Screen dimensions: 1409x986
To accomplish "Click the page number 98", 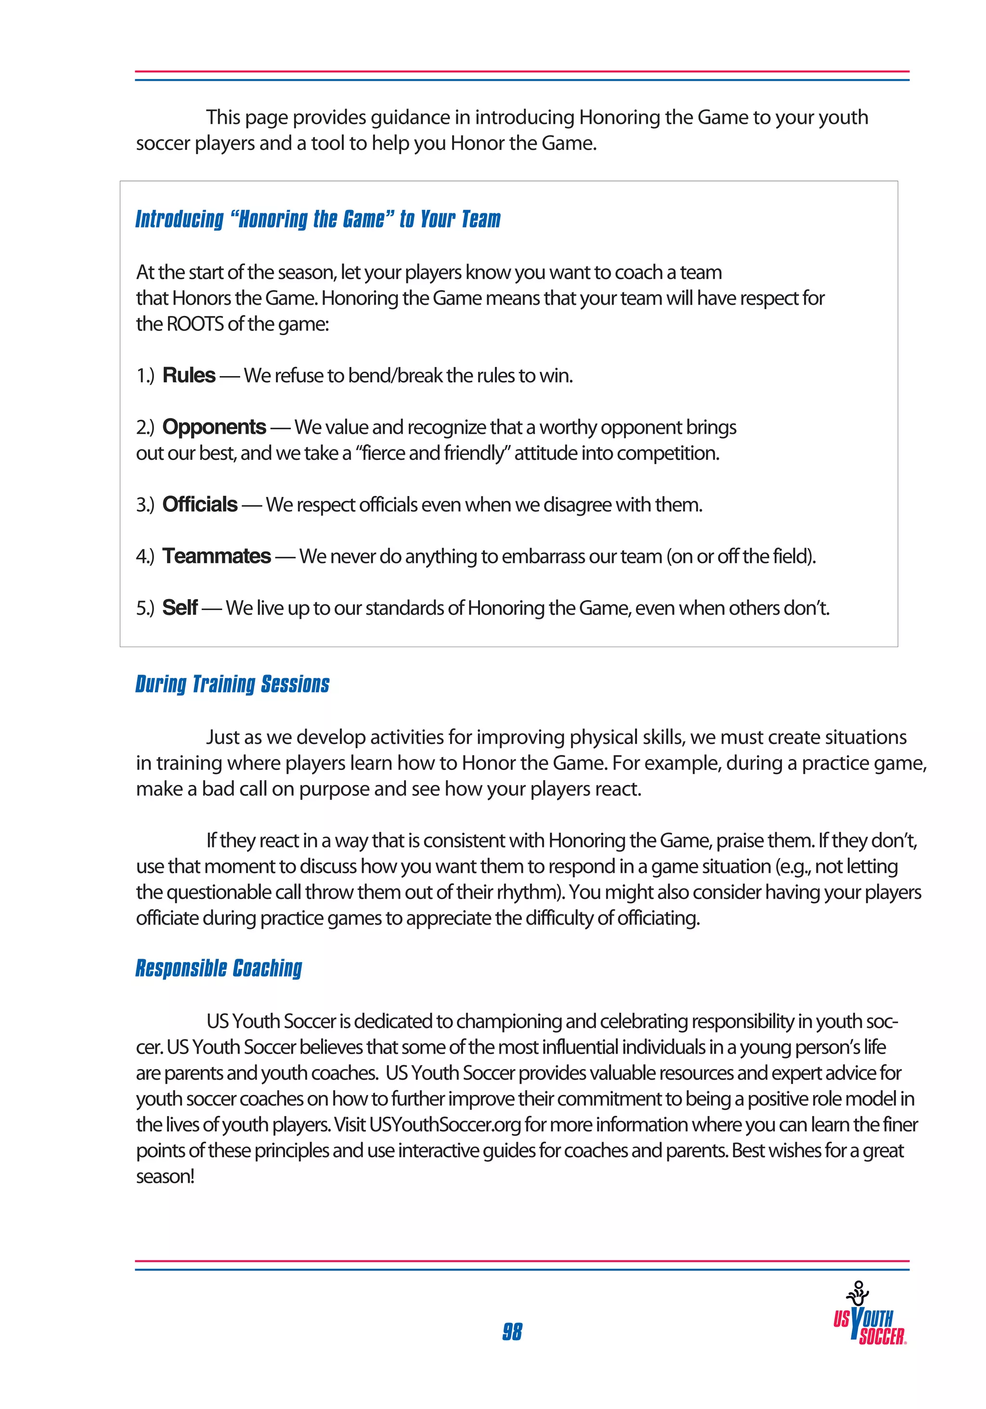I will [x=512, y=1331].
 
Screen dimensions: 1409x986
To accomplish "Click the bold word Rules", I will [x=188, y=375].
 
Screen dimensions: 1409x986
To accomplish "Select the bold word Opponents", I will [x=213, y=427].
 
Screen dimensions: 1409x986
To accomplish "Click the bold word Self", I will [x=179, y=608].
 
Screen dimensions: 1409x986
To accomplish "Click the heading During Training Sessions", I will [x=232, y=684].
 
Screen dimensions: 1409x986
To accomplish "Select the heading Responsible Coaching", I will [x=219, y=968].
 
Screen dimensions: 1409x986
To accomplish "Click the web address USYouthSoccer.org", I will [x=445, y=1124].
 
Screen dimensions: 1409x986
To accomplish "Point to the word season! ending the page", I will [x=165, y=1176].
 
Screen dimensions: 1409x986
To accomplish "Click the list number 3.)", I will [x=145, y=505].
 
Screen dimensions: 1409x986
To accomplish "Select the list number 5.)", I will [x=145, y=608].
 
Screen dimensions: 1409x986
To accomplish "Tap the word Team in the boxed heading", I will [x=480, y=219].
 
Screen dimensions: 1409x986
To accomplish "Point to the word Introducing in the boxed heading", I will [x=179, y=219].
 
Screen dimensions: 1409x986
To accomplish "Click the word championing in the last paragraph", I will [x=509, y=1021].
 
